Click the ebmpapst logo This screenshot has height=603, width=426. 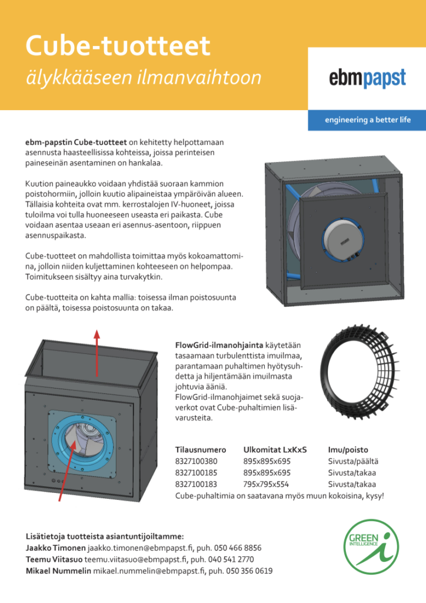point(367,78)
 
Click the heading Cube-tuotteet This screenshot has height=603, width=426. point(118,46)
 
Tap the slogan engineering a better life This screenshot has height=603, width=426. point(367,120)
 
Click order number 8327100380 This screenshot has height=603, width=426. point(197,461)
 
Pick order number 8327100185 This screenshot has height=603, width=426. point(197,473)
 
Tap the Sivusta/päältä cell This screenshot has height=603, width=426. point(353,461)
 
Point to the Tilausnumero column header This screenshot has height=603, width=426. point(200,449)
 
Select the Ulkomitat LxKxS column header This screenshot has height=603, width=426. point(275,449)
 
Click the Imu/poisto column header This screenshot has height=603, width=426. point(348,449)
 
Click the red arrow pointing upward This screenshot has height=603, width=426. point(97,352)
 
